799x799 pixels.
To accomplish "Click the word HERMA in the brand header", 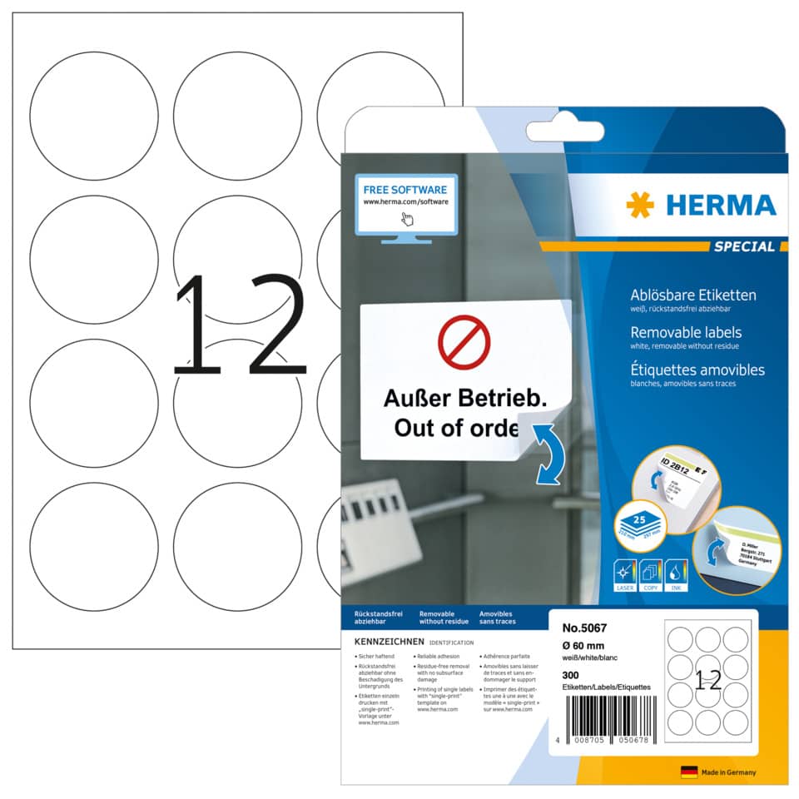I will pyautogui.click(x=716, y=204).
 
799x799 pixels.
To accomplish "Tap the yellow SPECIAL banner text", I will pyautogui.click(x=743, y=246).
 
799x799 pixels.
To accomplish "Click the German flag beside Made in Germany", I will pyautogui.click(x=688, y=772).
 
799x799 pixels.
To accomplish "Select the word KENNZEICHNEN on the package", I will pyautogui.click(x=390, y=642).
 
